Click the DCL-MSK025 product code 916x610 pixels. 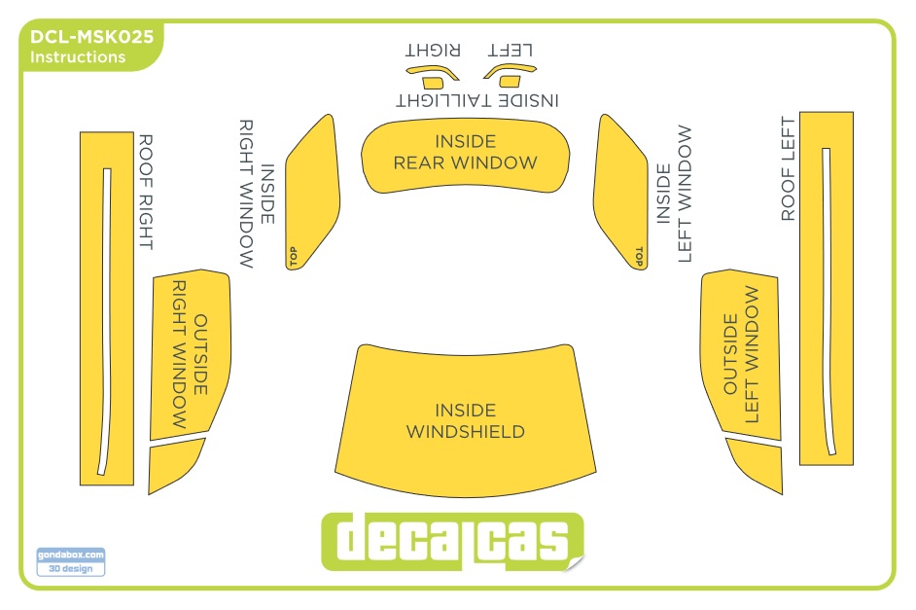pyautogui.click(x=91, y=37)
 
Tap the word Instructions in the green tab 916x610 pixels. pyautogui.click(x=78, y=57)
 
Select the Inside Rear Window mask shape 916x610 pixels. pyautogui.click(x=465, y=156)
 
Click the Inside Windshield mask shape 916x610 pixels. pyautogui.click(x=466, y=420)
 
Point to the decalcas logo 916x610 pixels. pyautogui.click(x=453, y=541)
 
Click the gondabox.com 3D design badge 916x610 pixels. pyautogui.click(x=71, y=561)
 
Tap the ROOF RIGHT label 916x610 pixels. pyautogui.click(x=146, y=193)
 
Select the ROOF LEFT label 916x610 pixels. pyautogui.click(x=788, y=168)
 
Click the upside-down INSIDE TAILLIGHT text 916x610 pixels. pyautogui.click(x=477, y=100)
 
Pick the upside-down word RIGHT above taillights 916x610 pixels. pyautogui.click(x=433, y=51)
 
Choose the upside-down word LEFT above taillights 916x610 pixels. pyautogui.click(x=510, y=51)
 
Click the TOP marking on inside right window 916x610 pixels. pyautogui.click(x=293, y=256)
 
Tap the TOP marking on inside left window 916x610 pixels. pyautogui.click(x=639, y=257)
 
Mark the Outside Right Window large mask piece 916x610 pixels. pyautogui.click(x=191, y=354)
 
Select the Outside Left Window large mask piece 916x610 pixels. pyautogui.click(x=741, y=354)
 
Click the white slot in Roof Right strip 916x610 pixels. pyautogui.click(x=106, y=321)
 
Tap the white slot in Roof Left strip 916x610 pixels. pyautogui.click(x=828, y=301)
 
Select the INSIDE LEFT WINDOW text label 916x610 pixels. pyautogui.click(x=674, y=194)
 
